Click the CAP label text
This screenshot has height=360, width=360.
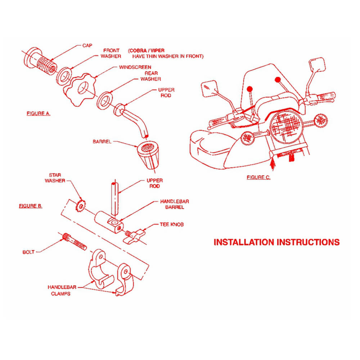(x=87, y=45)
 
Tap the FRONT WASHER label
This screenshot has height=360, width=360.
(x=111, y=53)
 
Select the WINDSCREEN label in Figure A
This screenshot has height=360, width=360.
(x=135, y=67)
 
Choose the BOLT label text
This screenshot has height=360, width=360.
(x=28, y=252)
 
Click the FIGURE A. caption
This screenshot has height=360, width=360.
(x=38, y=113)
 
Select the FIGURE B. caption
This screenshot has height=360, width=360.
(x=31, y=206)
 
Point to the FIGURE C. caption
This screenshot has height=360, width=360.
(x=258, y=177)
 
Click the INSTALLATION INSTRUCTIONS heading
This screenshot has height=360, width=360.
(x=276, y=242)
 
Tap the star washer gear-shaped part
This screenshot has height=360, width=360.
(x=81, y=206)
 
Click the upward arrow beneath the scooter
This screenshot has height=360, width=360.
(x=273, y=164)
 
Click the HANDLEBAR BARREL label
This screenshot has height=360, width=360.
(x=174, y=204)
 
